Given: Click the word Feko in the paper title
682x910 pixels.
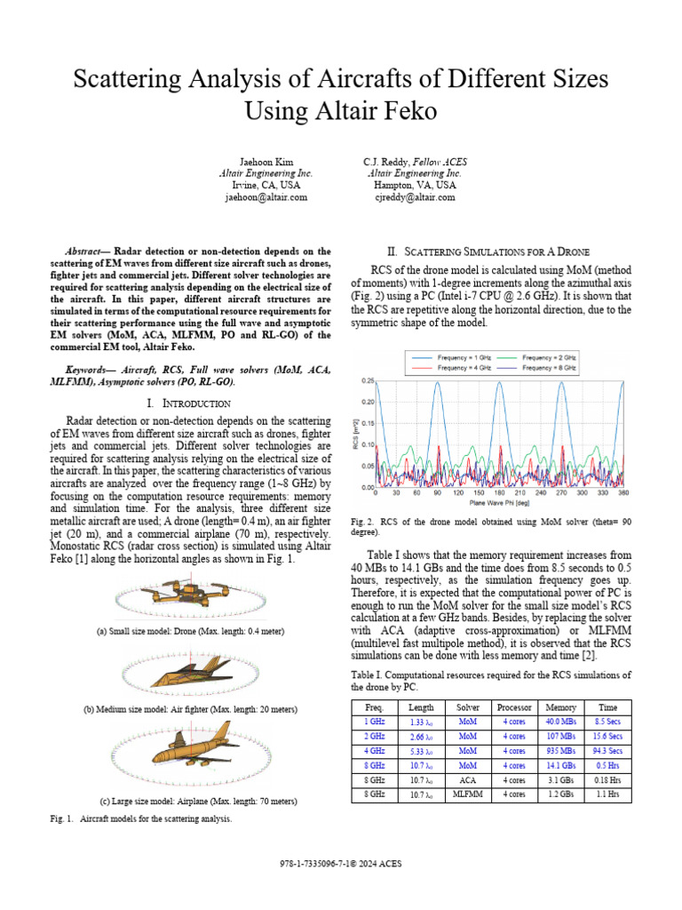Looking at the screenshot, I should [x=411, y=111].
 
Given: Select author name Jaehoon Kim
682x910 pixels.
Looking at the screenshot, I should [x=266, y=162].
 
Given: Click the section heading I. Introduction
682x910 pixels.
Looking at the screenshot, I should [x=191, y=403].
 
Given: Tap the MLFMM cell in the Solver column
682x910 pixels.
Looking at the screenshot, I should [x=467, y=794].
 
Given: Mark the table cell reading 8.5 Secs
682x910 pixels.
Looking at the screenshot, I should [x=607, y=722].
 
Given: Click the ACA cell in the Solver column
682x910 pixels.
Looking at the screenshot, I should [x=467, y=779].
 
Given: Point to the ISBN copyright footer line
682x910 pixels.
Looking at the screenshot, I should [x=341, y=863].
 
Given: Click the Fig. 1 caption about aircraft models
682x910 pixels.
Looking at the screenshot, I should [x=141, y=819].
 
